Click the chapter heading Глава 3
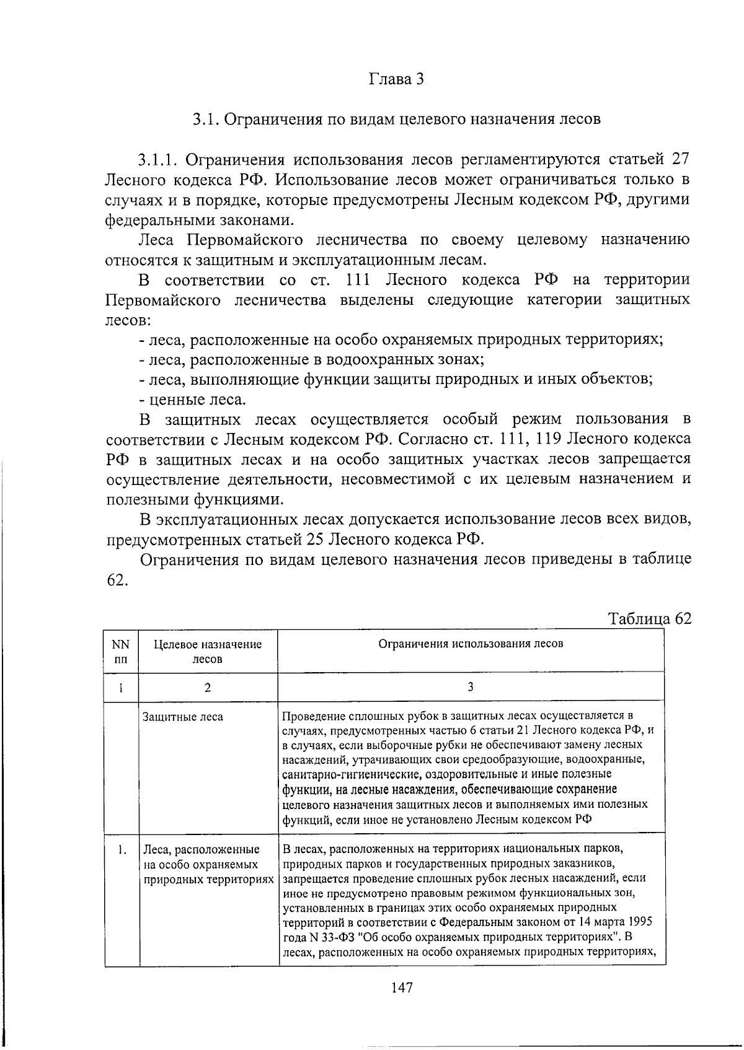tap(396, 79)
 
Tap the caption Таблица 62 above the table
tap(649, 619)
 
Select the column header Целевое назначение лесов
tap(208, 652)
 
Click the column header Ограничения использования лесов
tap(471, 644)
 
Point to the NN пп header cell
tap(121, 652)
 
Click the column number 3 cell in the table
tap(471, 687)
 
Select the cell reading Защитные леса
tap(183, 717)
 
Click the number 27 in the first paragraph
tap(680, 159)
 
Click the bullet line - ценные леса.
tap(193, 400)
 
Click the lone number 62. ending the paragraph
tap(117, 580)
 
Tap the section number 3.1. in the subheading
tap(205, 119)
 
